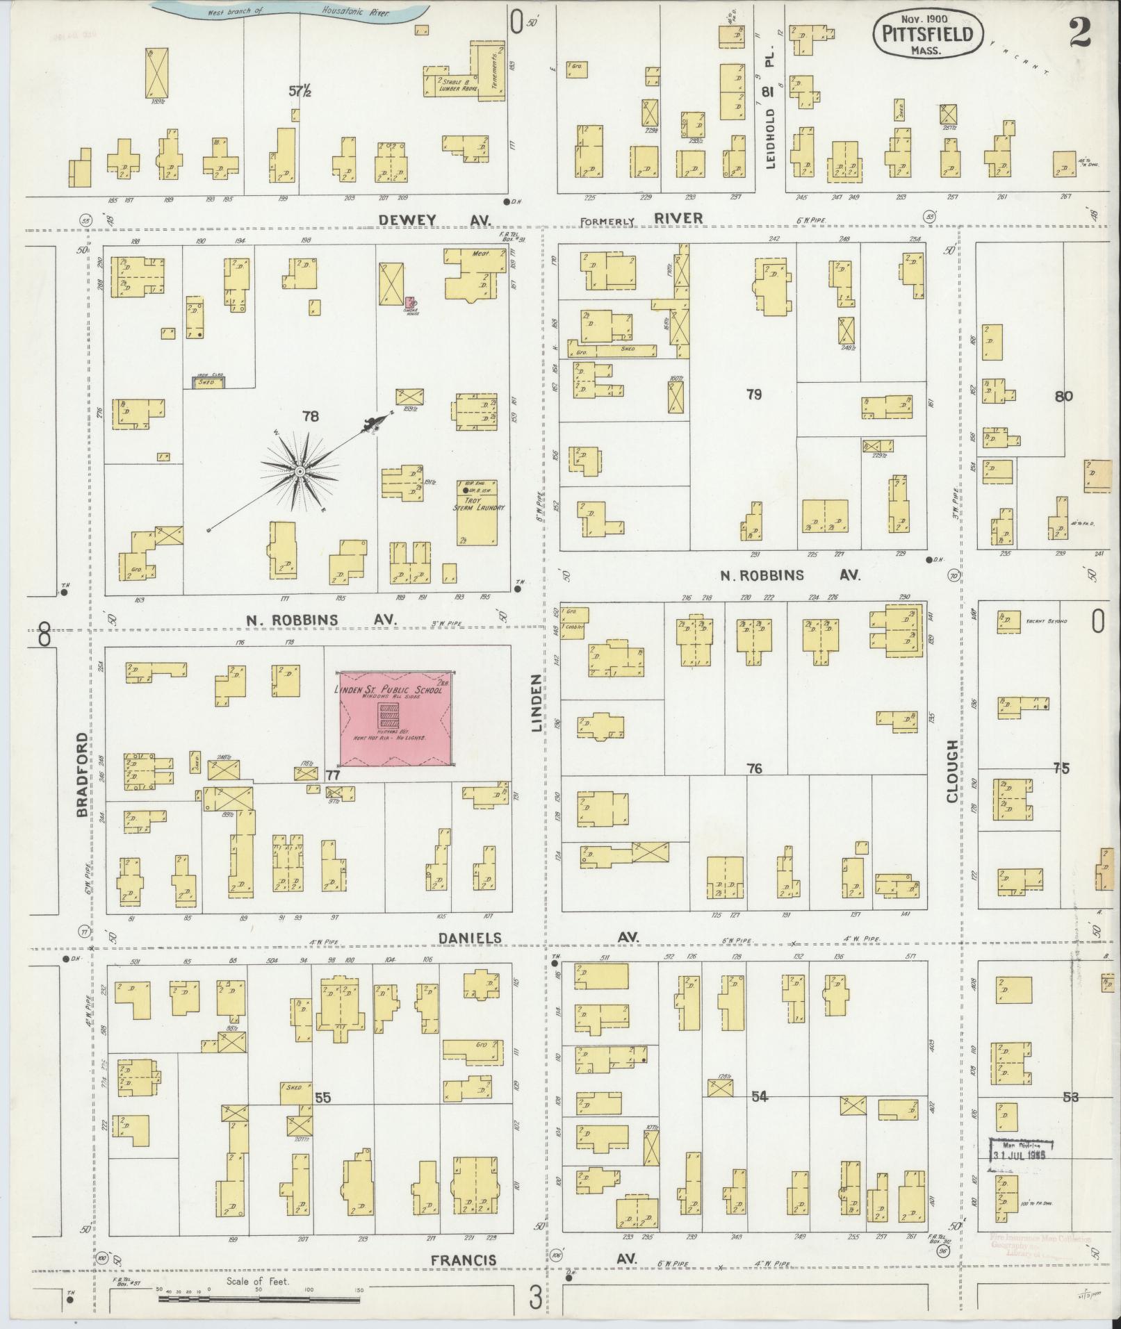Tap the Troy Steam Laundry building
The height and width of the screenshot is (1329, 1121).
coord(479,513)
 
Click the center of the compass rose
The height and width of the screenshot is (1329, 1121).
coord(300,472)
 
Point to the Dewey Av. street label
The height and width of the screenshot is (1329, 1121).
coord(435,220)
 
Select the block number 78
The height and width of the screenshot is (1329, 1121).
coord(310,416)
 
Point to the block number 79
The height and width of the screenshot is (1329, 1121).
coord(753,395)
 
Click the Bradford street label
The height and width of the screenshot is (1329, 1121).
coord(81,774)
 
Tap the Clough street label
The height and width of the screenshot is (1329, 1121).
coord(951,771)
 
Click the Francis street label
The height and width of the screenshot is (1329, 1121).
coord(463,1260)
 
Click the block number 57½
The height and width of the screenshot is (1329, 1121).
coord(300,91)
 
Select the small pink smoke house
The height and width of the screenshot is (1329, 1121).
coord(410,303)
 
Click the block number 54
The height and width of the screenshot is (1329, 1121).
coord(760,1096)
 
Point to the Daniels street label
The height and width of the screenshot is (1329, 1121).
coord(469,938)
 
